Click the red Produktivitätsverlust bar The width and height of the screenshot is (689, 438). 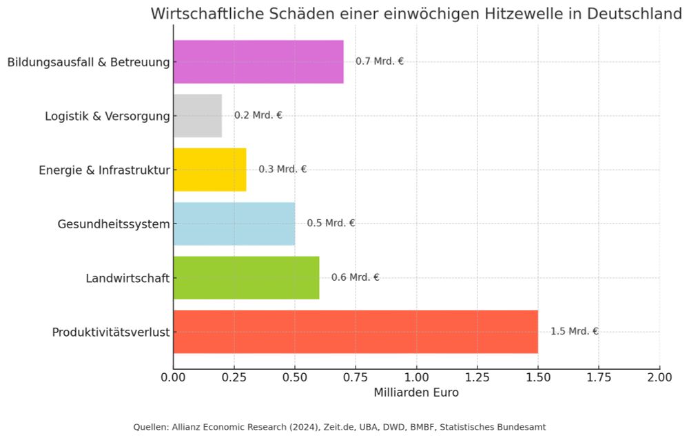[x=355, y=332]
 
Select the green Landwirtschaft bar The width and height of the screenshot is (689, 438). [x=246, y=278]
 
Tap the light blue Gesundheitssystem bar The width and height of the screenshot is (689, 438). [x=234, y=223]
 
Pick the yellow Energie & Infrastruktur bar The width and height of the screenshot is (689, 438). [x=209, y=170]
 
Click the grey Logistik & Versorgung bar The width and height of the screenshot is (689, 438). [x=197, y=116]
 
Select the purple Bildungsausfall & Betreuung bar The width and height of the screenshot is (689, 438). [x=258, y=61]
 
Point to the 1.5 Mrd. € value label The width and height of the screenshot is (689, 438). [x=574, y=331]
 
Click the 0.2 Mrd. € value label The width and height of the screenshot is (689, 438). [x=258, y=115]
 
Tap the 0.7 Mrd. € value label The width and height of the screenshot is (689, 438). [x=380, y=61]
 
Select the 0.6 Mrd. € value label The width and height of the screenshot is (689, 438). [x=356, y=277]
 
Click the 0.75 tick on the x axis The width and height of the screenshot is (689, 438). [x=356, y=378]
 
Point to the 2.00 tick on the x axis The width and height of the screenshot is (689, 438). [x=659, y=378]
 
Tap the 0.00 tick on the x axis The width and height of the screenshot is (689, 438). [x=174, y=378]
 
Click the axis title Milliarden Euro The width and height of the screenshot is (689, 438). [x=416, y=393]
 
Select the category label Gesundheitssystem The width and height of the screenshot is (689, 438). [x=114, y=224]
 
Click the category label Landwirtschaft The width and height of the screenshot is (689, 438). [x=127, y=279]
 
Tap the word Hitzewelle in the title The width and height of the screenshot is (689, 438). [x=512, y=14]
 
